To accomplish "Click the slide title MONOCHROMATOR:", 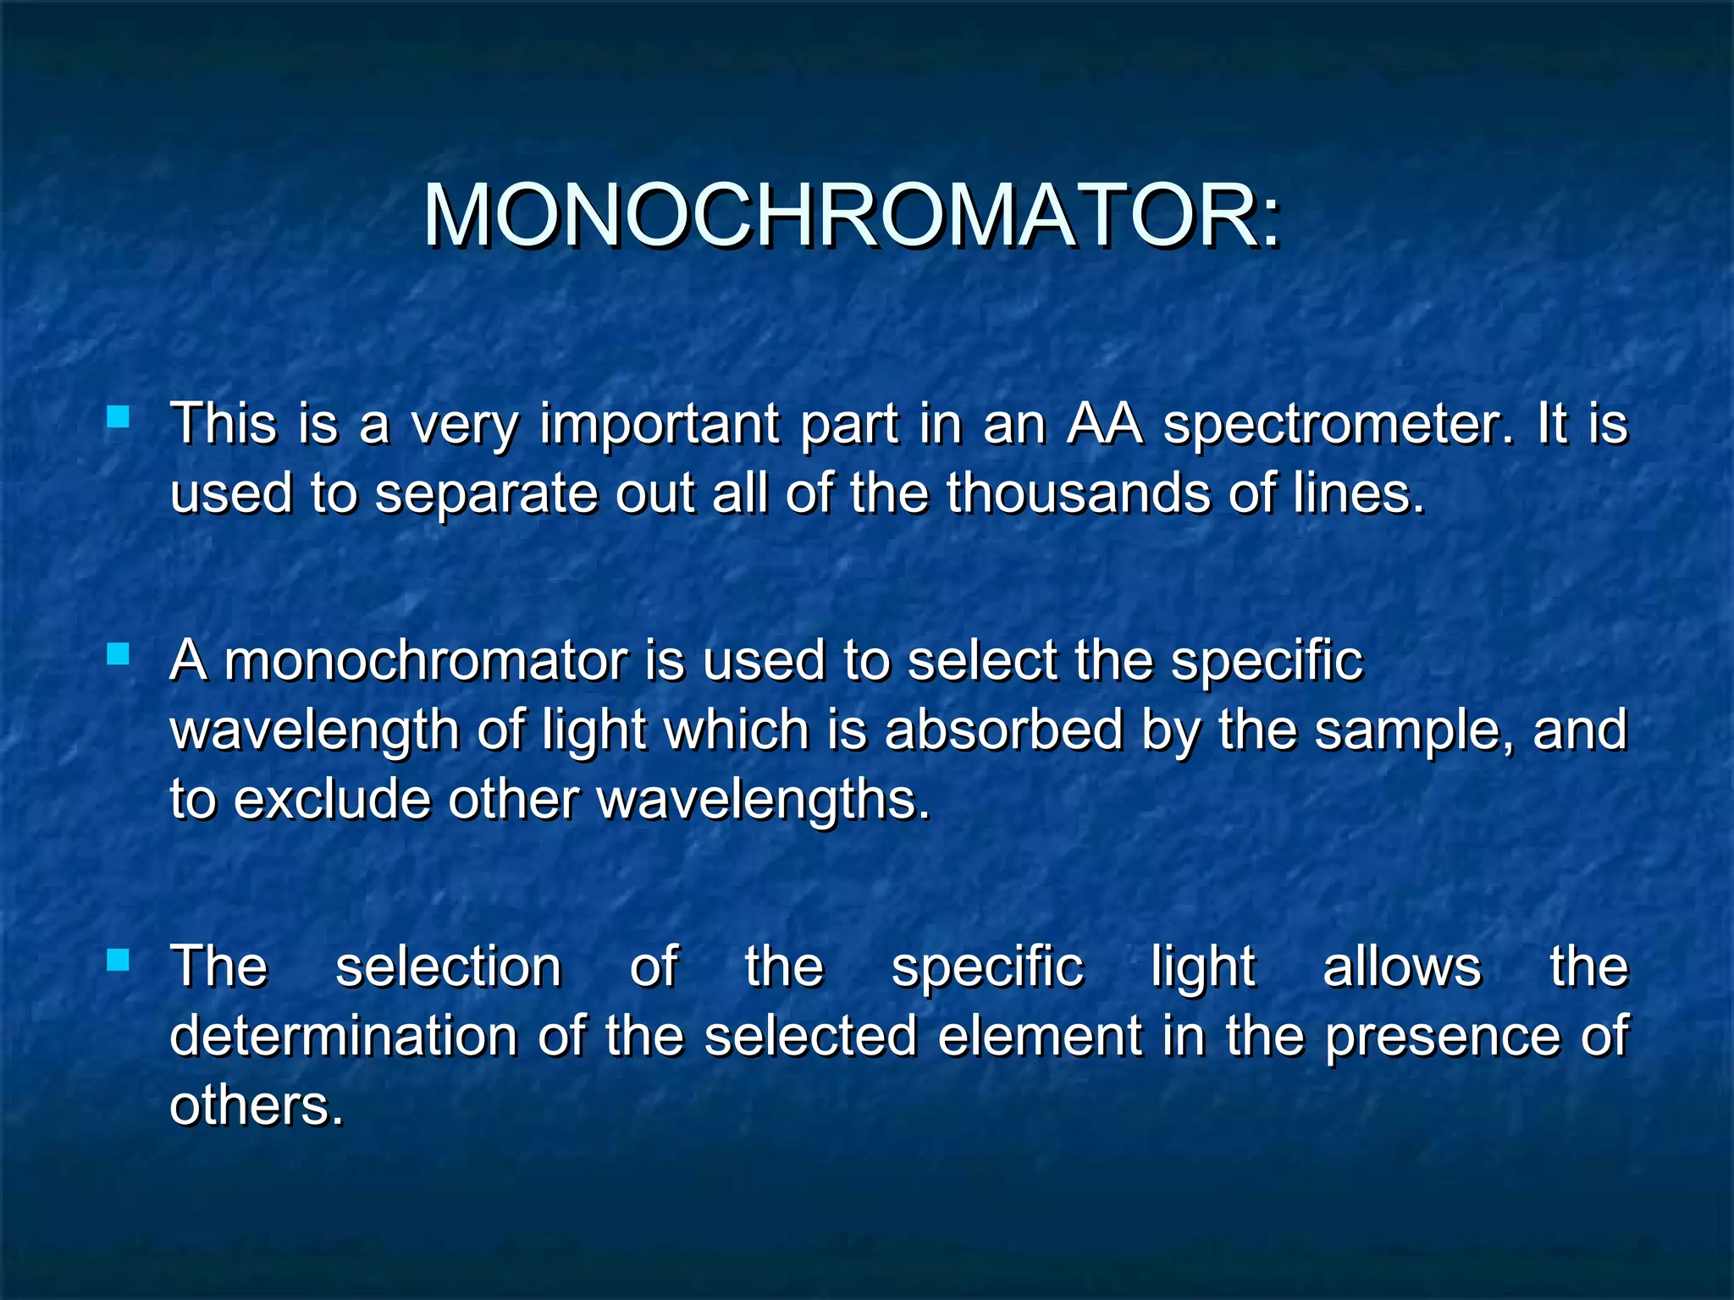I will click(x=853, y=216).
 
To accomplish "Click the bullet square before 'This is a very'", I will click(x=119, y=416).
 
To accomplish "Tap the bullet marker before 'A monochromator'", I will click(x=119, y=653).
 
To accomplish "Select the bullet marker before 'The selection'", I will click(x=119, y=960).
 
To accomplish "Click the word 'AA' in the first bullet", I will click(x=1104, y=424).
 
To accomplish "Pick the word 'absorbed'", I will click(x=1003, y=730).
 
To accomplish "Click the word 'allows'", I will click(x=1402, y=967).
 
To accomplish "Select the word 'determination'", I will click(x=344, y=1036).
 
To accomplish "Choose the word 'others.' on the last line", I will click(x=257, y=1105).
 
